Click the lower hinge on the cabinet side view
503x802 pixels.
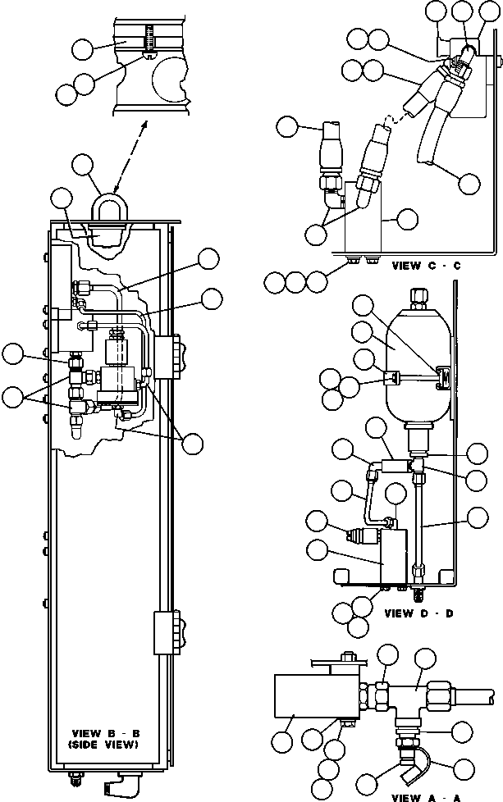tap(163, 631)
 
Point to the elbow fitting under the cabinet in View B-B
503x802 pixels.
tap(115, 786)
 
